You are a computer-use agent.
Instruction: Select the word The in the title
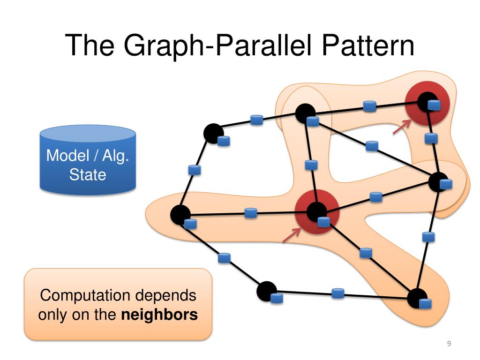tap(90, 45)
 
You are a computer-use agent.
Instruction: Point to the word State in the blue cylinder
tap(88, 175)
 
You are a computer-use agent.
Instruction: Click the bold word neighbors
tap(159, 315)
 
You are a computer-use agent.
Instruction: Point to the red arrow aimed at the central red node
tap(292, 235)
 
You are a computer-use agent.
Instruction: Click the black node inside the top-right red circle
tap(427, 102)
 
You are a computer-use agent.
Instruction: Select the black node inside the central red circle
tap(316, 212)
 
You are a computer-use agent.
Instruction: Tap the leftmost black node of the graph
tap(180, 215)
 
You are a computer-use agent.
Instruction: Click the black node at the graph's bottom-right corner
tap(416, 299)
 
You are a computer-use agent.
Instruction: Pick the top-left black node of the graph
tap(213, 134)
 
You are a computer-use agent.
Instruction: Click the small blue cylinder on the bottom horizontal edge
tap(337, 293)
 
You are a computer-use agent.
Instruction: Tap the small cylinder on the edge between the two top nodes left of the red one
tap(256, 120)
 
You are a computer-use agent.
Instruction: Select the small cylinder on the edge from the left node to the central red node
tap(251, 213)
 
